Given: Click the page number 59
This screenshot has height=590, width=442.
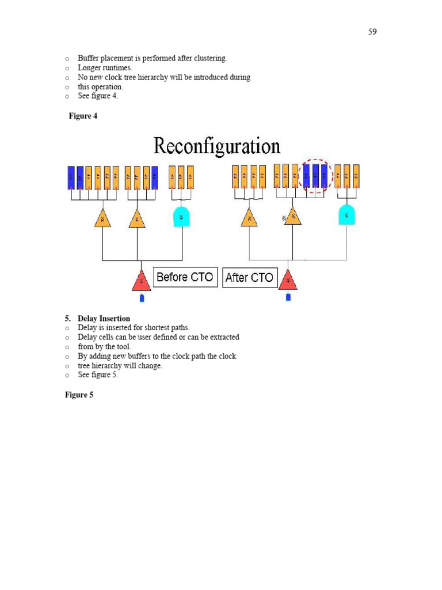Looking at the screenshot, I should click(372, 32).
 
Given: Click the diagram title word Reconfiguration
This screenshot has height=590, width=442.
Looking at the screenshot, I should click(217, 146).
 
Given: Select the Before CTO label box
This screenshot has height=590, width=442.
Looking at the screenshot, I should click(185, 277).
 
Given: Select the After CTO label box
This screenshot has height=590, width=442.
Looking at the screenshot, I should click(249, 278).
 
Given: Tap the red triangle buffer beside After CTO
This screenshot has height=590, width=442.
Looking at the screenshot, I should click(288, 281).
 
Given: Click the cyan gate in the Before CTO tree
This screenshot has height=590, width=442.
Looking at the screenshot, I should click(182, 217).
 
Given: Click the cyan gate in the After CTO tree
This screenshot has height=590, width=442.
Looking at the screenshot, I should click(346, 215).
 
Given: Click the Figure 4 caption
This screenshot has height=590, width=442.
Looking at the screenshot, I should click(83, 116).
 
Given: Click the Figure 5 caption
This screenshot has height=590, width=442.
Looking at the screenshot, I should click(79, 395).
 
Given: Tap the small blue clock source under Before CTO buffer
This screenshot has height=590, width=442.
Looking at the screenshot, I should click(142, 298).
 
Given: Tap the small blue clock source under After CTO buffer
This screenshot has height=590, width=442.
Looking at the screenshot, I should click(288, 297).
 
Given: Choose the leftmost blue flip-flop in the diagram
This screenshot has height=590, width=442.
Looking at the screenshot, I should click(71, 177).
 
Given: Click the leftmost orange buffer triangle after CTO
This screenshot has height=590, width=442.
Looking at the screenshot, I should click(249, 218).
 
